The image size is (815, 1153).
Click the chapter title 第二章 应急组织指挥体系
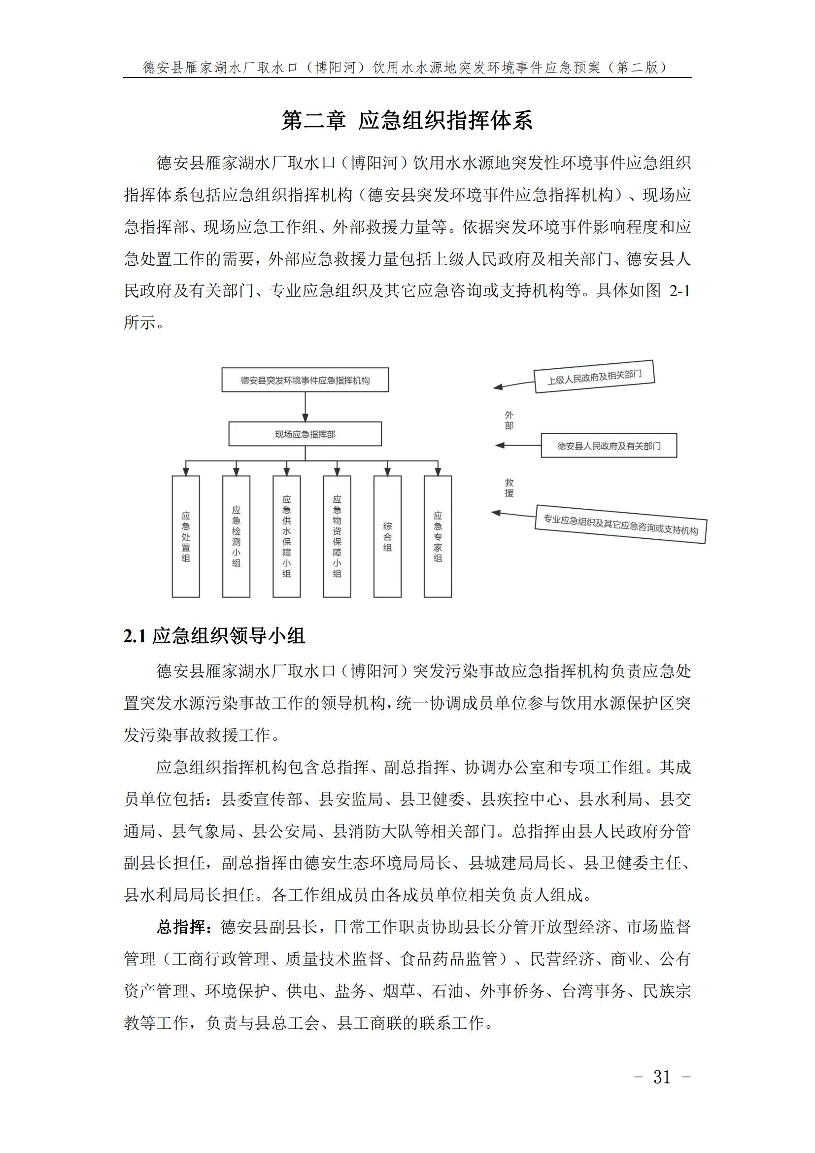pos(407,121)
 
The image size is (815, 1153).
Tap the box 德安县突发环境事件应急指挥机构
pos(305,380)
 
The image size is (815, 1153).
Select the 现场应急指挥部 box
pos(305,434)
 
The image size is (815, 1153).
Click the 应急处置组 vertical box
pos(186,536)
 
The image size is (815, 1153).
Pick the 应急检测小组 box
pos(237,536)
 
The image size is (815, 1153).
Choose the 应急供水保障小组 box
pos(287,536)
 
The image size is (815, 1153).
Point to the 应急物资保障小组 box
pos(337,536)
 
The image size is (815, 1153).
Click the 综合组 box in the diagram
pos(387,536)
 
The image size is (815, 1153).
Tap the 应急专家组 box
pos(438,536)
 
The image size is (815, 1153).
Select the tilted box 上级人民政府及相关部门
pos(595,377)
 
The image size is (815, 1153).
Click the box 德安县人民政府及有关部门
pos(609,446)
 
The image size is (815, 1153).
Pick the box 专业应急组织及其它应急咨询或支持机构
pos(621,524)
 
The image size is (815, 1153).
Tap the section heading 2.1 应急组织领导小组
pos(214,636)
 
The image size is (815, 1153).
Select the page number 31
pos(662,1077)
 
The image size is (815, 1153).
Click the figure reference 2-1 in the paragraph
pos(680,291)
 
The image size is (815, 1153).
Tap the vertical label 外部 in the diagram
pos(509,420)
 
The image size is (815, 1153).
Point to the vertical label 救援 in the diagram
pos(509,488)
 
